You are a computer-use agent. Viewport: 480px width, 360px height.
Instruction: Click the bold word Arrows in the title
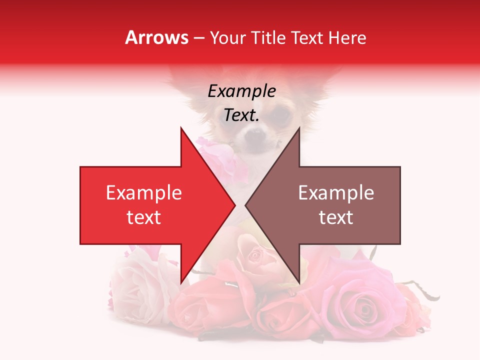point(157,37)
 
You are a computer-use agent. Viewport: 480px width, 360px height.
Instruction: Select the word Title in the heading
point(268,37)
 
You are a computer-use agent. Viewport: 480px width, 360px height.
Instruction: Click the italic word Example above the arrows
point(241,91)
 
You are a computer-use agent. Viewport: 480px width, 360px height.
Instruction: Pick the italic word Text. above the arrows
point(241,115)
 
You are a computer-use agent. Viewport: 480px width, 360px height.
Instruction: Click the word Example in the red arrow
point(143,193)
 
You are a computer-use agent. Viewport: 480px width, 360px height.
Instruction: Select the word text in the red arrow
point(143,217)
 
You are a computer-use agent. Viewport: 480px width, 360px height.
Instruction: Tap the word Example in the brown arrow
point(336,193)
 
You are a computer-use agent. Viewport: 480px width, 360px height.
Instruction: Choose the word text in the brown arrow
point(336,217)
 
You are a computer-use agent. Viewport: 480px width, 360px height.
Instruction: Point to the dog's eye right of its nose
point(281,115)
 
